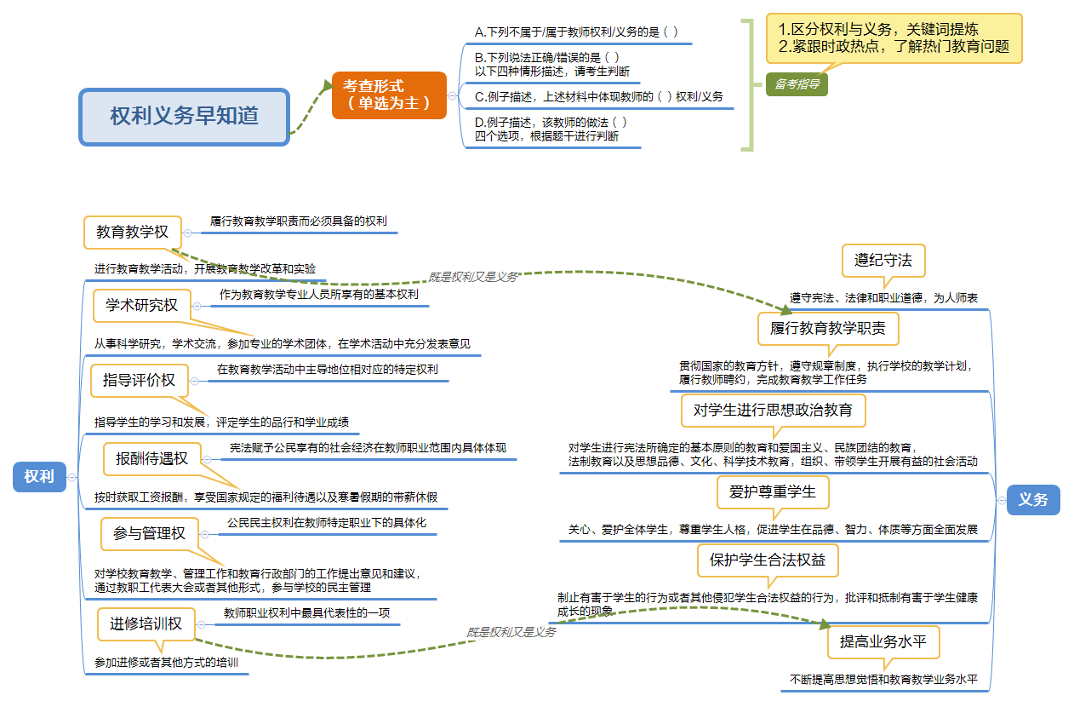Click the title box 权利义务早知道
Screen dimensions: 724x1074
pyautogui.click(x=184, y=116)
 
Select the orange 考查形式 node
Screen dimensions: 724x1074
pyautogui.click(x=389, y=95)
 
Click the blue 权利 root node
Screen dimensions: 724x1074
pyautogui.click(x=39, y=477)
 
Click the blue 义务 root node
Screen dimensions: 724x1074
pyautogui.click(x=1033, y=499)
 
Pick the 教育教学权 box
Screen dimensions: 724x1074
pyautogui.click(x=133, y=232)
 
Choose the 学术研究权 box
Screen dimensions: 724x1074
pyautogui.click(x=142, y=305)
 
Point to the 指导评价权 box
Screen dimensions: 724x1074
pyautogui.click(x=139, y=380)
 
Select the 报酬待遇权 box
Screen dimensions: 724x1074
pyautogui.click(x=151, y=458)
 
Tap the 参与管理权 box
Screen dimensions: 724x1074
pyautogui.click(x=149, y=533)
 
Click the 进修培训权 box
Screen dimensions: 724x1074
pyautogui.click(x=146, y=623)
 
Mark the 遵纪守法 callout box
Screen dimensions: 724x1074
pyautogui.click(x=883, y=261)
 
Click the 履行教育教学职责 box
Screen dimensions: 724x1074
pyautogui.click(x=827, y=328)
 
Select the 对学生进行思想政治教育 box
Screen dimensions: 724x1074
pyautogui.click(x=773, y=410)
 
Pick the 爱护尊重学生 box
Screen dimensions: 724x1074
pyautogui.click(x=772, y=491)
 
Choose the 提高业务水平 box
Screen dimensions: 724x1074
pyautogui.click(x=883, y=641)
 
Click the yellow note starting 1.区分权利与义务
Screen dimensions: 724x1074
pyautogui.click(x=894, y=38)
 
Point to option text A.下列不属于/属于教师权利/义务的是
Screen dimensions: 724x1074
pyautogui.click(x=576, y=32)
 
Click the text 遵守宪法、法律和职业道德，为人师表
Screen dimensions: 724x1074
pyautogui.click(x=883, y=298)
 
